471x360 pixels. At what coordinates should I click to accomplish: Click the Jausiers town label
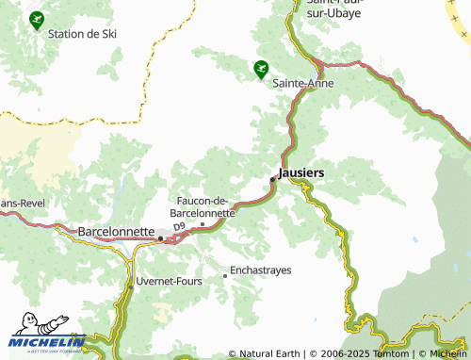[x=301, y=173]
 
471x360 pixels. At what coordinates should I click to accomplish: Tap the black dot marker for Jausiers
[x=273, y=179]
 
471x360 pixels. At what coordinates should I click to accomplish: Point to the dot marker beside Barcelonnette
[x=161, y=238]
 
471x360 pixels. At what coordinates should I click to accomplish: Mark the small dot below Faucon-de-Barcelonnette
[x=203, y=224]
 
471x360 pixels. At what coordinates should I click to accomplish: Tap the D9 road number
[x=178, y=240]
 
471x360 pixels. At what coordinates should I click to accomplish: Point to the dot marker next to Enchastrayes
[x=224, y=276]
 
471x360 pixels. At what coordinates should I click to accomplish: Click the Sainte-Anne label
[x=300, y=83]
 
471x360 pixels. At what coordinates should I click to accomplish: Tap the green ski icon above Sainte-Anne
[x=260, y=68]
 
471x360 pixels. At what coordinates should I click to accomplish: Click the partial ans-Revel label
[x=22, y=204]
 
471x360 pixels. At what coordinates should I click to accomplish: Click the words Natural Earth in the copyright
[x=269, y=353]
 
